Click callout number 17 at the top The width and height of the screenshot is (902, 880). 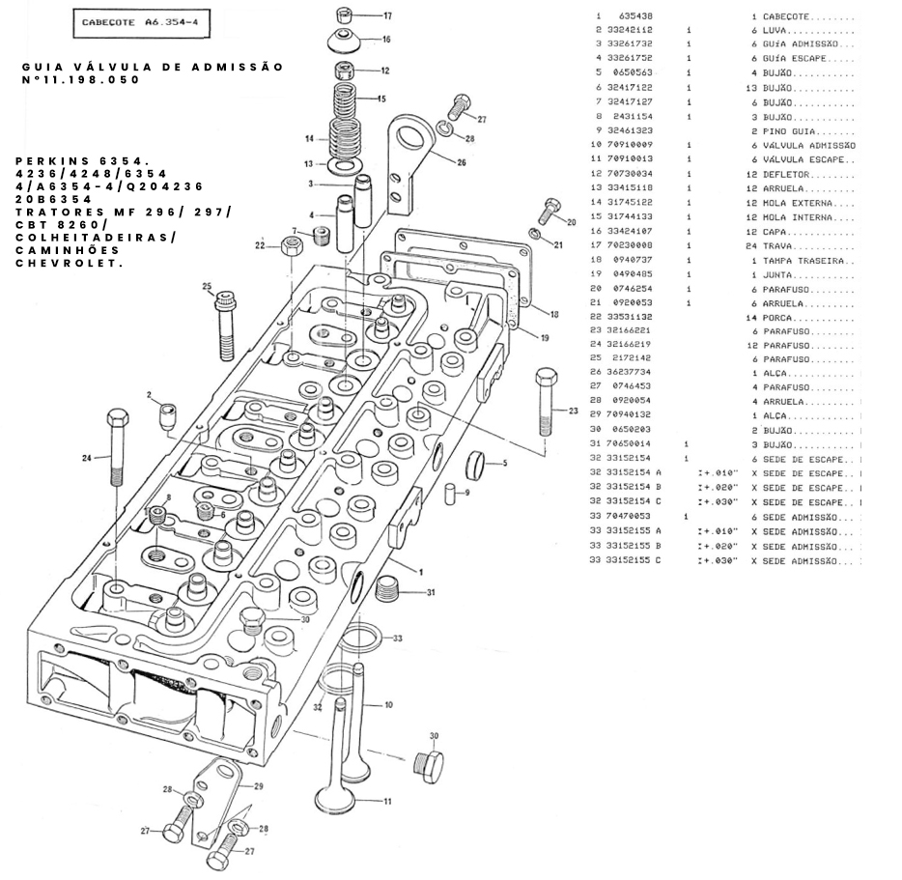(x=387, y=16)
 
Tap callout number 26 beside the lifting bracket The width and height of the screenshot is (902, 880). (x=462, y=162)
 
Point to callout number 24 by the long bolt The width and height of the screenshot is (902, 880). (x=87, y=458)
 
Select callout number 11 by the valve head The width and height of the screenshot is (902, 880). (x=387, y=802)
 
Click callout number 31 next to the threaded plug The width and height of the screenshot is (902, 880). (x=431, y=592)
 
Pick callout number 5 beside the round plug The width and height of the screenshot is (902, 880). (x=503, y=464)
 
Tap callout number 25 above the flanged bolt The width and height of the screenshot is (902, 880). (x=207, y=286)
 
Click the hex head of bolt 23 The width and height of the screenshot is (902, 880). (x=546, y=376)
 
